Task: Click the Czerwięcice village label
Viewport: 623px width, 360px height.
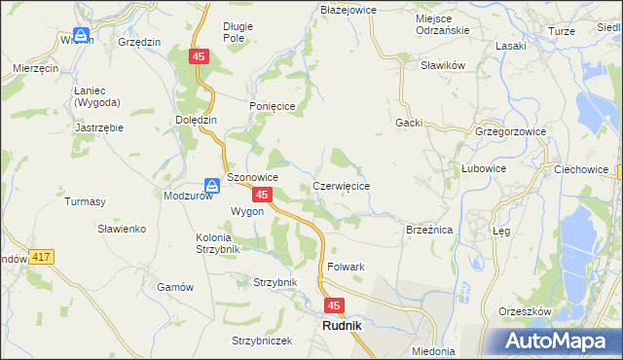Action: point(341,185)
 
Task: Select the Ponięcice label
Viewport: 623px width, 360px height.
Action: point(271,107)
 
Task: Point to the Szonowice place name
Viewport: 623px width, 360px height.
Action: point(253,178)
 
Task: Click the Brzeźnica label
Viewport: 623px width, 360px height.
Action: point(429,230)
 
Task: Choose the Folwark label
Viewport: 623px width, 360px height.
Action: point(347,267)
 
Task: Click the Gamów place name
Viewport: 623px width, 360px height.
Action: point(176,287)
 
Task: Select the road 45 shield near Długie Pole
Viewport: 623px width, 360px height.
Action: point(199,58)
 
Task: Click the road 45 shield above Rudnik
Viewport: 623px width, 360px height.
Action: point(334,306)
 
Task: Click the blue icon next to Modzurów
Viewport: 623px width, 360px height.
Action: point(211,184)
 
